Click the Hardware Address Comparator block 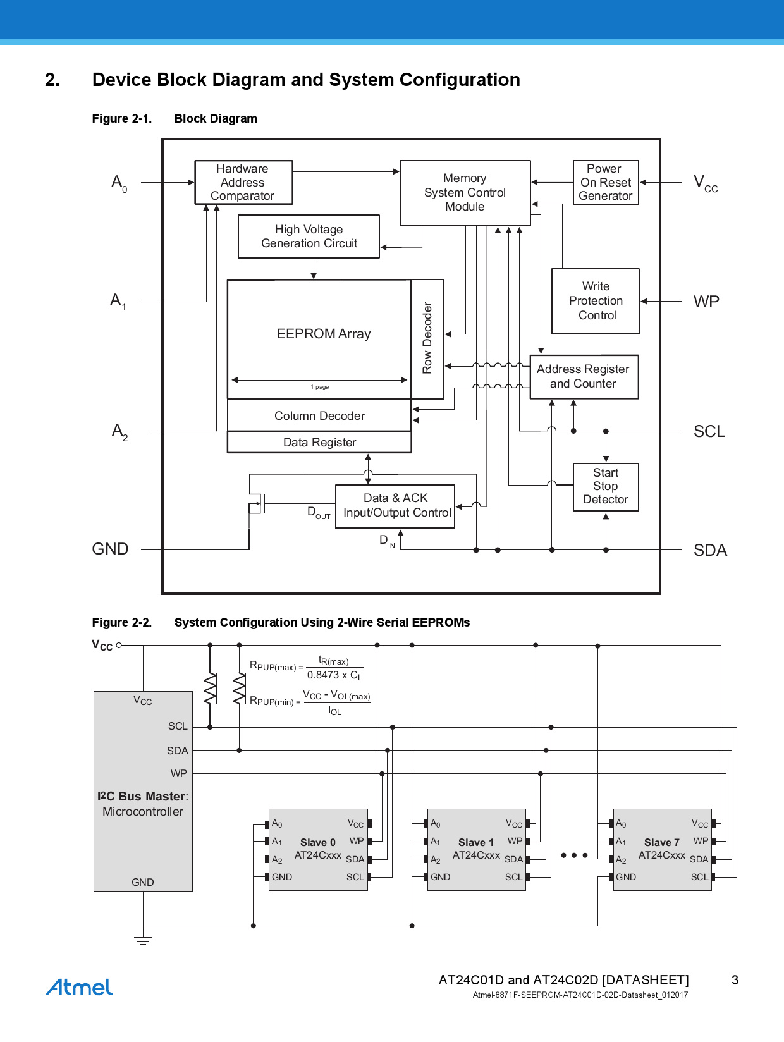click(243, 182)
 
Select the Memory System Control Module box click(465, 192)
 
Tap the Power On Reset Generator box click(605, 182)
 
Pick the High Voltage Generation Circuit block click(309, 236)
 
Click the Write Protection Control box click(596, 301)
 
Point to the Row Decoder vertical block click(427, 338)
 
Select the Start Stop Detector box click(605, 486)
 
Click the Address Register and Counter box click(584, 376)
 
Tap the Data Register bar click(319, 443)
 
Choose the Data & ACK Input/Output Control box click(395, 506)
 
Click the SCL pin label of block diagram click(709, 431)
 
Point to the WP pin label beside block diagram click(706, 302)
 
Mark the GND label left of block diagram click(110, 549)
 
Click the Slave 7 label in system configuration click(661, 842)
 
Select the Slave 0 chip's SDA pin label click(355, 859)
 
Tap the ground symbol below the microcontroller click(144, 940)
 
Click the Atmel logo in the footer click(79, 987)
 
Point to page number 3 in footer click(735, 980)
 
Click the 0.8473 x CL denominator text click(334, 675)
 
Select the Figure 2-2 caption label click(122, 622)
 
